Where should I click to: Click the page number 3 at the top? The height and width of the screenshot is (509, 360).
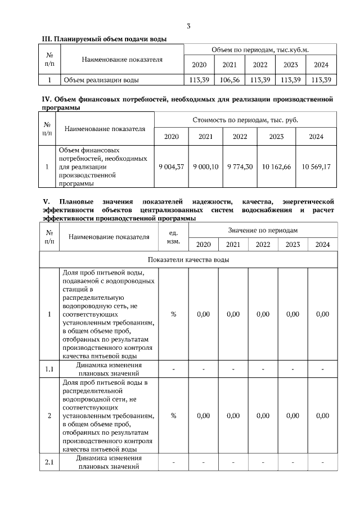[x=188, y=26]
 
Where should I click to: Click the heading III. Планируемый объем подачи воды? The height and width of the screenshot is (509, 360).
[x=105, y=39]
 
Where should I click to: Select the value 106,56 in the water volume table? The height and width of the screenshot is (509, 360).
[x=231, y=80]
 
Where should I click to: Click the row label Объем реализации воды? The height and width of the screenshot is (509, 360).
[x=101, y=80]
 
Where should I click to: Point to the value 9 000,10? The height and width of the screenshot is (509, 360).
[x=206, y=167]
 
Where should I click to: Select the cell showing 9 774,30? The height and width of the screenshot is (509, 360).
[x=240, y=167]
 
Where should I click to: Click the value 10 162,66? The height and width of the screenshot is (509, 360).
[x=276, y=167]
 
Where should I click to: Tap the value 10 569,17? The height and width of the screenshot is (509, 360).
[x=316, y=167]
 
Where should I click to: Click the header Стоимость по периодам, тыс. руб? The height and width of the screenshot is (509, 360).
[x=246, y=120]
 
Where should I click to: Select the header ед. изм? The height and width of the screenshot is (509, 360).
[x=173, y=237]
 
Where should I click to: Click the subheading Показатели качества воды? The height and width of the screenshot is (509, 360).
[x=188, y=259]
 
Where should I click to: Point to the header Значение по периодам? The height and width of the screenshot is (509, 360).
[x=263, y=230]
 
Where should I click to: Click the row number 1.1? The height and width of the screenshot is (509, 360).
[x=49, y=369]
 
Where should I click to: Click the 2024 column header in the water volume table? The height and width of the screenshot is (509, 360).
[x=321, y=65]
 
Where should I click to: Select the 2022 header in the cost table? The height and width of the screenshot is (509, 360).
[x=240, y=137]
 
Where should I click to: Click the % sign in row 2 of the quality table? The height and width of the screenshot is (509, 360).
[x=173, y=416]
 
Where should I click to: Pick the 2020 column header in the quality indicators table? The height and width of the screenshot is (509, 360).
[x=203, y=245]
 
